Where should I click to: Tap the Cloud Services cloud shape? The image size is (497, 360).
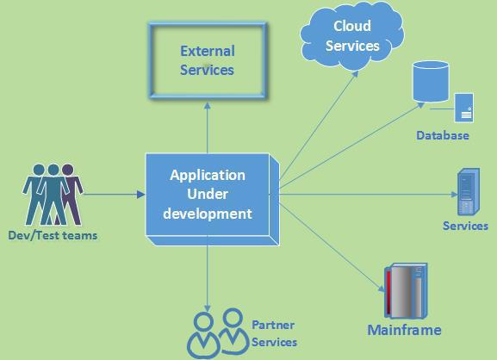[351, 35]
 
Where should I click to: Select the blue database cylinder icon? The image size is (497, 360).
[431, 81]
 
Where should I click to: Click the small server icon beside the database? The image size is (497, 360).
[464, 108]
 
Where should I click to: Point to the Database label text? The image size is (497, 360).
[443, 135]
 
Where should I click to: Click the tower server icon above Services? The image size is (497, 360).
[469, 192]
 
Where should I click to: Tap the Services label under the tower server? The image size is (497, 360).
[465, 226]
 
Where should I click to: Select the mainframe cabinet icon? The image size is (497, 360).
[406, 290]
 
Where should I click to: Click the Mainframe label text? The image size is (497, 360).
[404, 330]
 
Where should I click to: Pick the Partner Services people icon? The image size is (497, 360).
[218, 333]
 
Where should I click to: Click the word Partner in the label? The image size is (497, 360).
[273, 325]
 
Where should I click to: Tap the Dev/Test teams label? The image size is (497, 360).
[53, 235]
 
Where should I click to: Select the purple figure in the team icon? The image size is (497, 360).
[71, 193]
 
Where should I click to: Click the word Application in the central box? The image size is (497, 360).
[208, 175]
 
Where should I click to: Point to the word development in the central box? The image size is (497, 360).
[208, 214]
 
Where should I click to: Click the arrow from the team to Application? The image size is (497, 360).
[113, 195]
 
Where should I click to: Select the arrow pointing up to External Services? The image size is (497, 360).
[208, 127]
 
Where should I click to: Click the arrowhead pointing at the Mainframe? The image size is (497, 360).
[382, 288]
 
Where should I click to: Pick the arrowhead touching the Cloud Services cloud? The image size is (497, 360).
[355, 74]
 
